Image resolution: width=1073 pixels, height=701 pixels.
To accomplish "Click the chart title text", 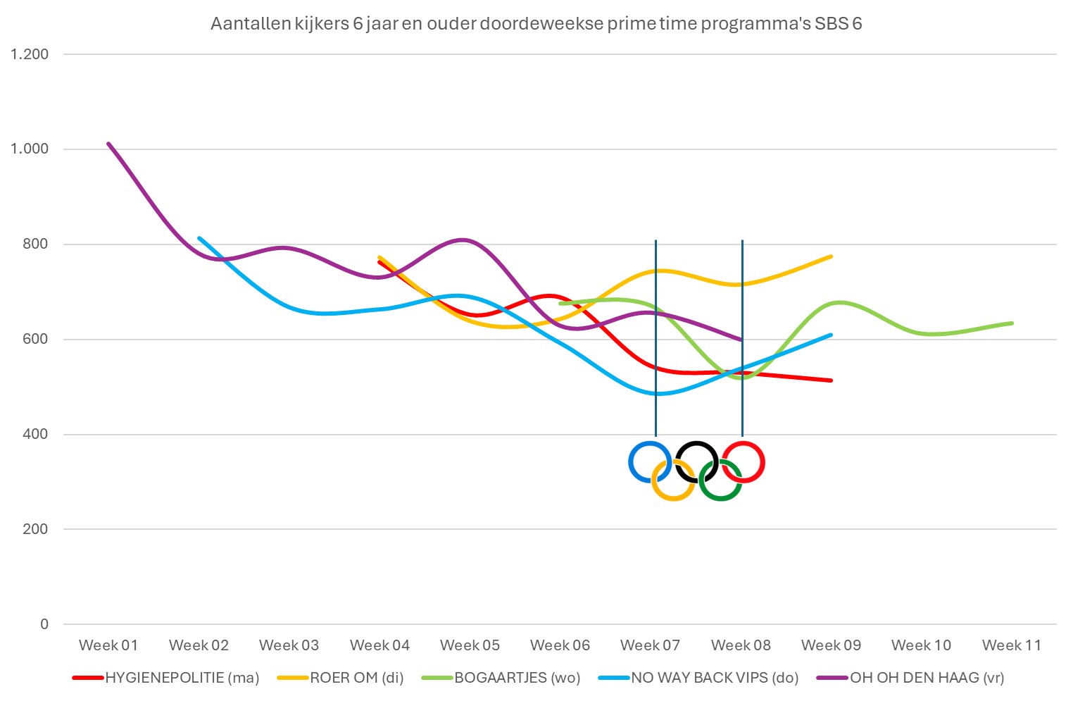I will pos(536,24).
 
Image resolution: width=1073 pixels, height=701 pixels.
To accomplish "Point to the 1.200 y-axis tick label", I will pos(30,54).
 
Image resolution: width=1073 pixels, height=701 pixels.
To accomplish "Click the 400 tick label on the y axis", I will pos(35,434).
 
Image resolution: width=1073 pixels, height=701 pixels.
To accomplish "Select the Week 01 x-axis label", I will pos(108,645).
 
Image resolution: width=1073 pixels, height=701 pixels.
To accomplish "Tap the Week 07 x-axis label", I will pos(650,645).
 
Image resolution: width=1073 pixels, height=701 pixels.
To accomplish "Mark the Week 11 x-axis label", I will pos(1011,645).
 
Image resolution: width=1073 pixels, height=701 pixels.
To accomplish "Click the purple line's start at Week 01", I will pos(108,144).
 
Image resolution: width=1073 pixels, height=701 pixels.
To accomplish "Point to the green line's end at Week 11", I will pos(1011,323).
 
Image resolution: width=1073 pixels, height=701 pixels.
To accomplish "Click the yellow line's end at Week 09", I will pos(831,256).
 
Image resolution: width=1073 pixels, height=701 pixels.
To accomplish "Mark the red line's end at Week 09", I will pos(831,380).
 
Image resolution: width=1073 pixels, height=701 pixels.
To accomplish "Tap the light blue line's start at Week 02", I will pos(199,238).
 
